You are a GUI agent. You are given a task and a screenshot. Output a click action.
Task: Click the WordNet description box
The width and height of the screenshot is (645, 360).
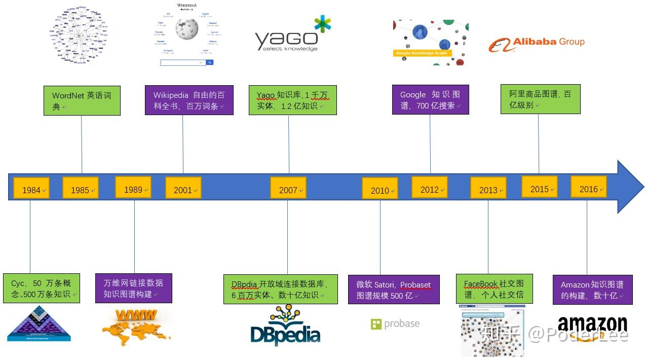[x=82, y=100]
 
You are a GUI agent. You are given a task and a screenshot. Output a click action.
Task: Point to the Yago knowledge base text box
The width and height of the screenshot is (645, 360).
[x=292, y=100]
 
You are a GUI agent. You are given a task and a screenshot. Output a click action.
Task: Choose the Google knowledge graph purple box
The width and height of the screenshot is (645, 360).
[x=430, y=100]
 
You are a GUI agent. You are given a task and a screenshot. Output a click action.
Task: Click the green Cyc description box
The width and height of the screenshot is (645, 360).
[x=42, y=289]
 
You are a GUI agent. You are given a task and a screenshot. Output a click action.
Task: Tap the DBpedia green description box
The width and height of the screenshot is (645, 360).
[x=280, y=290]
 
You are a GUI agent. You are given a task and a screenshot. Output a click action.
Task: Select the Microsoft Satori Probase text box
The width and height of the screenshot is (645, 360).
[x=394, y=290]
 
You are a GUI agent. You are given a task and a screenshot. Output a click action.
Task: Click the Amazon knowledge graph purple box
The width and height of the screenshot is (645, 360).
[x=592, y=290]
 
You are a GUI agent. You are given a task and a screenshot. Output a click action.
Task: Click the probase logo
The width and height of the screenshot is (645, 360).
[x=395, y=324]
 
